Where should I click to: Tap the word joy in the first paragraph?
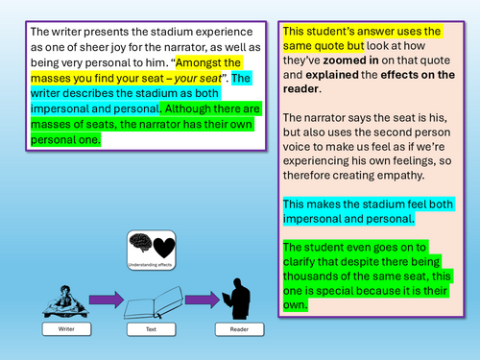(x=119, y=48)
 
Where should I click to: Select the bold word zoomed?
(x=342, y=60)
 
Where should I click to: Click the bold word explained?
(x=332, y=75)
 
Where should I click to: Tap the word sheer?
(x=93, y=47)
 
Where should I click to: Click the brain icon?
(x=140, y=243)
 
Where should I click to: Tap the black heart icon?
(x=164, y=248)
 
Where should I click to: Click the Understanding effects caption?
(x=150, y=265)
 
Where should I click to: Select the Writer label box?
(x=66, y=329)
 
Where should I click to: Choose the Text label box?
(x=151, y=329)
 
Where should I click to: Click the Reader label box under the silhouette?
(x=239, y=329)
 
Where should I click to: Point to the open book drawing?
(x=154, y=302)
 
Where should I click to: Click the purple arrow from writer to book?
(x=107, y=300)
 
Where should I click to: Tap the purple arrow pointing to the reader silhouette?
(x=203, y=300)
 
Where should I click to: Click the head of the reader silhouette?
(x=238, y=283)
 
